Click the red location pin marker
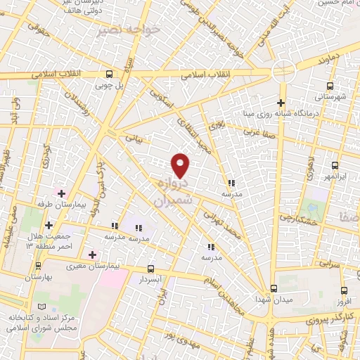click(x=181, y=165)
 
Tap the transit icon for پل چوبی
click(x=109, y=74)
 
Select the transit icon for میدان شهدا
click(x=274, y=289)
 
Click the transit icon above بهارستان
click(x=38, y=266)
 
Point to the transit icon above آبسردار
click(x=151, y=269)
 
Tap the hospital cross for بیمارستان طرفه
click(x=63, y=193)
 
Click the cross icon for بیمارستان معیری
click(x=92, y=254)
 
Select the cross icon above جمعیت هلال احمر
click(x=49, y=225)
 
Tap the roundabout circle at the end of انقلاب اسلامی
click(x=283, y=71)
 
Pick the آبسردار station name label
click(x=151, y=279)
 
